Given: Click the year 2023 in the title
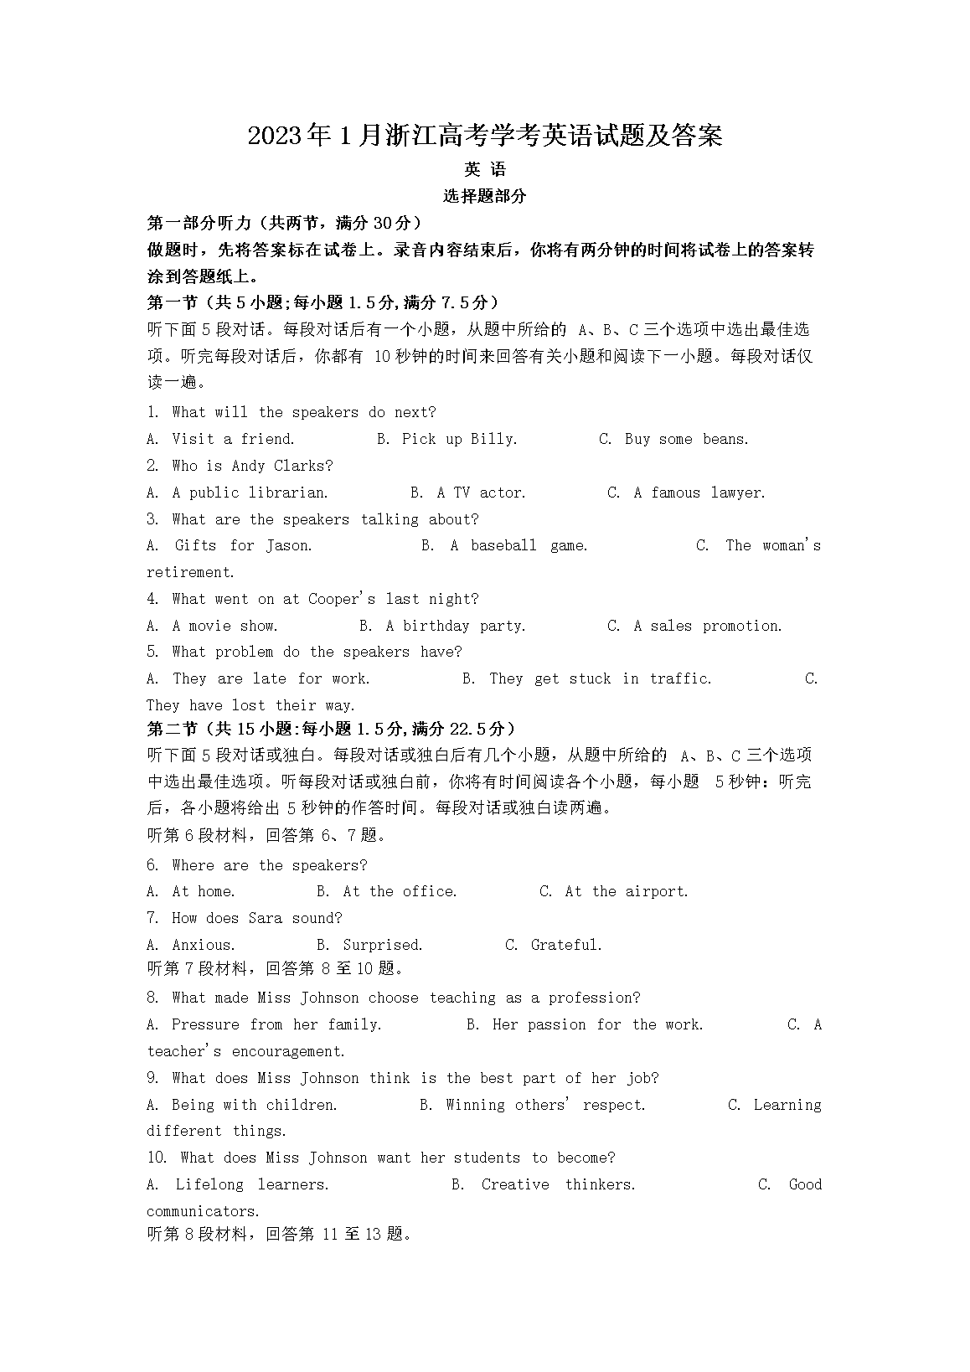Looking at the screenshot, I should [x=276, y=136].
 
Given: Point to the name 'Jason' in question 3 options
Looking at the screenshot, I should [x=288, y=545].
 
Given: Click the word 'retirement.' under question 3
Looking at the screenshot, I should [x=190, y=572].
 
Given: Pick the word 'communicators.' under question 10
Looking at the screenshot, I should [x=203, y=1211].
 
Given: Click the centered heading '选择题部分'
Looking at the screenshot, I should [x=484, y=196].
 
